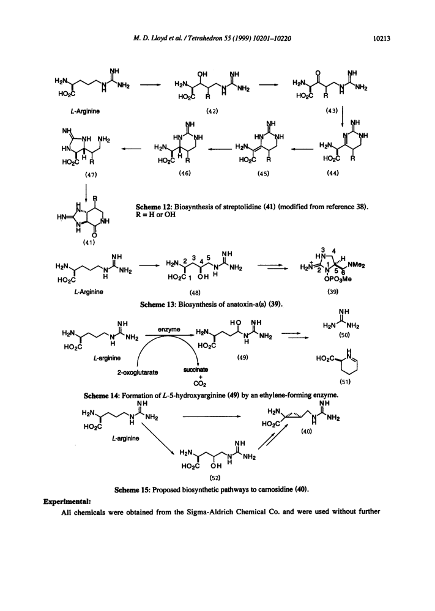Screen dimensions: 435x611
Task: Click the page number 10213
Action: point(382,38)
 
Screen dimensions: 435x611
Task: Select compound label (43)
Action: point(332,111)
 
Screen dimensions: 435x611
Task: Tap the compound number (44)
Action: point(333,172)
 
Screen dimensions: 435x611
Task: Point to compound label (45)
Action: point(263,174)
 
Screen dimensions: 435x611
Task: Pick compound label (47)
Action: point(91,174)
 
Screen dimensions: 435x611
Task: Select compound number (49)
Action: point(242,357)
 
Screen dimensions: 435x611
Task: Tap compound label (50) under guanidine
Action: point(344,335)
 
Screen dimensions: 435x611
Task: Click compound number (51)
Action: point(344,382)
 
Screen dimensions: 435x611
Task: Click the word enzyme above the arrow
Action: point(169,330)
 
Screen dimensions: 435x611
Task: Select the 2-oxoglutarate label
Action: point(138,372)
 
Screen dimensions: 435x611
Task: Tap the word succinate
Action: point(196,369)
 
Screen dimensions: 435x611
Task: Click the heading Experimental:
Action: point(67,501)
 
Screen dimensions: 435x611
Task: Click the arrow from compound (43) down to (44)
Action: point(342,116)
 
